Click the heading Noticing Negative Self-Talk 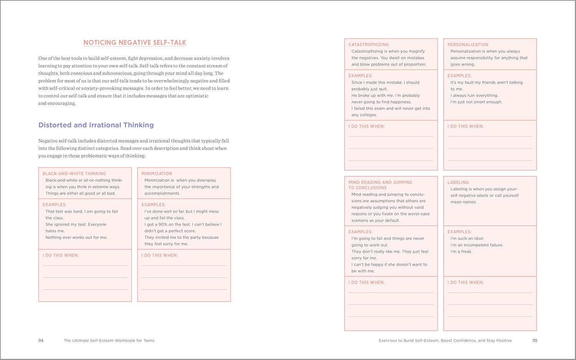(x=134, y=43)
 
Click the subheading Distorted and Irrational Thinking (x=96, y=125)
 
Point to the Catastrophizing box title (x=369, y=45)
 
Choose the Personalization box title (x=468, y=45)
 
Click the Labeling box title (x=458, y=182)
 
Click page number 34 (x=41, y=340)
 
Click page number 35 (x=535, y=340)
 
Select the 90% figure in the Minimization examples (x=162, y=225)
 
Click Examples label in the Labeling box (x=459, y=232)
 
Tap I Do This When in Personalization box (x=465, y=126)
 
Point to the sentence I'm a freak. (x=461, y=252)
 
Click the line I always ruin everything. (x=474, y=96)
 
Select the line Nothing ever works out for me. (x=76, y=238)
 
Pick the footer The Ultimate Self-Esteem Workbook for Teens (x=109, y=340)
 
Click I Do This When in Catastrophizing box (x=366, y=126)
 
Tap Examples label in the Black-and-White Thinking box (x=54, y=205)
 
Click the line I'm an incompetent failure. (x=477, y=245)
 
